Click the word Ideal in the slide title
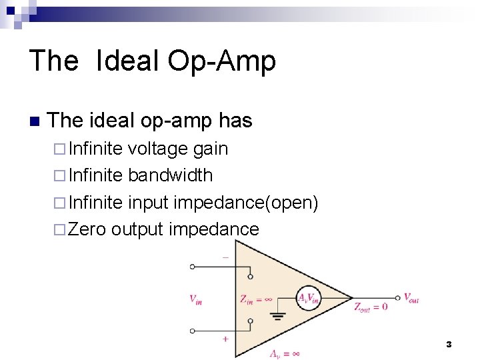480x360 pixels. click(x=127, y=61)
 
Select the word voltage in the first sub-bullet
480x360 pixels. click(x=158, y=149)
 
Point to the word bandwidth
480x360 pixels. click(x=170, y=175)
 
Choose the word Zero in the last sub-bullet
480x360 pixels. click(x=87, y=229)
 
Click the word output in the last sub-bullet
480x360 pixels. click(x=137, y=230)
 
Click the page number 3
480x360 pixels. click(x=449, y=344)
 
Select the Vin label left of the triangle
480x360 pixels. click(x=196, y=299)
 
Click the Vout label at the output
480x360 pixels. click(x=411, y=299)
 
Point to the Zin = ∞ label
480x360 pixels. click(x=255, y=299)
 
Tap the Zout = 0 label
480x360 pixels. click(x=371, y=307)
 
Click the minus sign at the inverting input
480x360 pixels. click(x=225, y=257)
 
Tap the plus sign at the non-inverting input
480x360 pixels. click(x=225, y=339)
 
